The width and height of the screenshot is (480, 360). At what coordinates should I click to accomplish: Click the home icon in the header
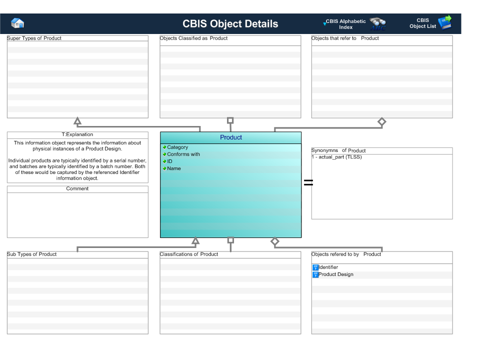coord(17,23)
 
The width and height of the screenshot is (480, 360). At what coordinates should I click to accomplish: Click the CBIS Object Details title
coord(230,24)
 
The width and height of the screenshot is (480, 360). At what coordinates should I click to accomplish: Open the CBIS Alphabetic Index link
coord(345,24)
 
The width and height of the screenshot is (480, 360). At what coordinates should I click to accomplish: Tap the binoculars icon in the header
coord(377,23)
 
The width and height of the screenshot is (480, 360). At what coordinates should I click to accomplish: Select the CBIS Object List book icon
coord(444,22)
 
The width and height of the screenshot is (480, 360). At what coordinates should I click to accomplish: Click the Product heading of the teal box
coord(230,137)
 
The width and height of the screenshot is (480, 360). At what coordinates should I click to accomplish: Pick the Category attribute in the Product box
coord(177,147)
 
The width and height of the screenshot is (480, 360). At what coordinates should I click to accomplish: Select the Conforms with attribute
coord(183,154)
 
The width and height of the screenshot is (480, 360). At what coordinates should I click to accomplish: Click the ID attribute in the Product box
coord(169,161)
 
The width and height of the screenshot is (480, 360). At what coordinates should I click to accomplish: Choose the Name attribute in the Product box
coord(173,168)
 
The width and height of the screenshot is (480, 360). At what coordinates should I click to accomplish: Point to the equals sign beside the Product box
coord(308,183)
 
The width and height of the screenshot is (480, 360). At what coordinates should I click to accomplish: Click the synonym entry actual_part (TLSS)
coord(336,157)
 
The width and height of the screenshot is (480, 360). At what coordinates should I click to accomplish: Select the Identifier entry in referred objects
coord(328,267)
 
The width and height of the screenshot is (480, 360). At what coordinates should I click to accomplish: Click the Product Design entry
coord(336,274)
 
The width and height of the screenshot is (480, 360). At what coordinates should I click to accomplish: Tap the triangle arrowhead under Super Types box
coord(77,121)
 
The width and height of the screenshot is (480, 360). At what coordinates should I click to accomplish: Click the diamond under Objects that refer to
coord(382,121)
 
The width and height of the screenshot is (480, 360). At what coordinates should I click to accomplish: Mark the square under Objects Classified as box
coord(230,120)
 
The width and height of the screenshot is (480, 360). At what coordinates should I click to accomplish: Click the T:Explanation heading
coord(77,134)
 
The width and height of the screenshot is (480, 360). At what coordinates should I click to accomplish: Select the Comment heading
coord(77,189)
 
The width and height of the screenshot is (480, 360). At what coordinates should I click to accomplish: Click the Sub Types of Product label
coord(32,254)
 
